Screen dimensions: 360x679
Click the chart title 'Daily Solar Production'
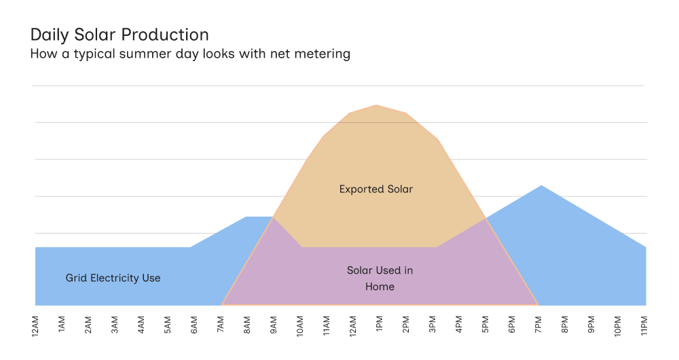coord(120,35)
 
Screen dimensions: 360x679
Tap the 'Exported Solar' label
coord(375,190)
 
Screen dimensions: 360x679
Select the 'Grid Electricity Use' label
coord(113,278)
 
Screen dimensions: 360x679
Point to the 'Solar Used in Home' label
coord(380,278)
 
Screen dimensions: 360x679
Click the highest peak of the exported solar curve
coord(376,105)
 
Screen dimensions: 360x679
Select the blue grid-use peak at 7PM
coord(541,185)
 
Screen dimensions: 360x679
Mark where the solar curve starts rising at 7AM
coord(222,305)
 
